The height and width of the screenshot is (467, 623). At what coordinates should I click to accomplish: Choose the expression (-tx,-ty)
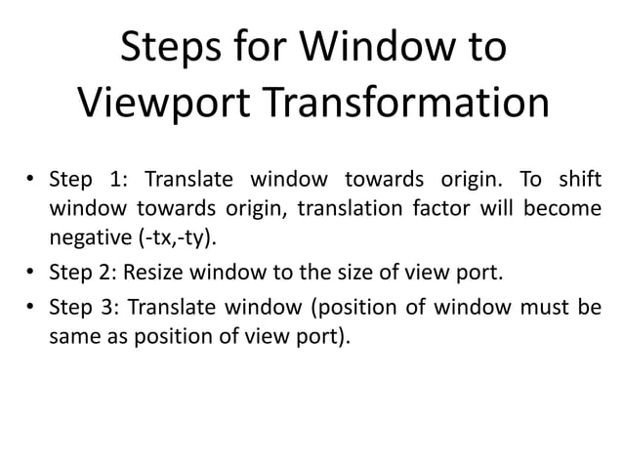(x=177, y=236)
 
